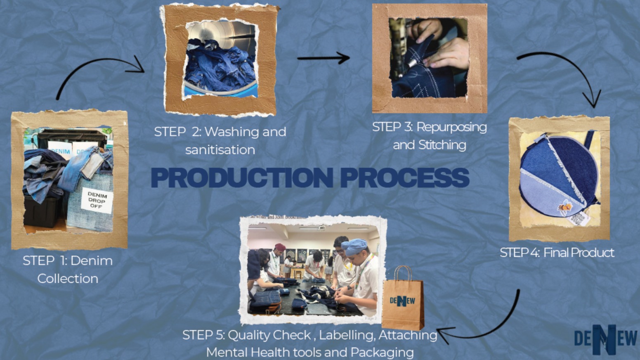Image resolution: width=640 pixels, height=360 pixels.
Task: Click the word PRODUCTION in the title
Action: (242, 178)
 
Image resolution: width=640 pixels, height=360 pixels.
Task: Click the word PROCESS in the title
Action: (404, 178)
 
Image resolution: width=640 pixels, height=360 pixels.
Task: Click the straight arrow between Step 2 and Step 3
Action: (323, 58)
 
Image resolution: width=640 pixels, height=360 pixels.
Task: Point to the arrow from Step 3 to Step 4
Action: (565, 70)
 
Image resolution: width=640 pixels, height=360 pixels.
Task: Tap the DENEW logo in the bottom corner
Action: (605, 339)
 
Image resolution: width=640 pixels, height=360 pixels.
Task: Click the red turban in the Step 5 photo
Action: (280, 247)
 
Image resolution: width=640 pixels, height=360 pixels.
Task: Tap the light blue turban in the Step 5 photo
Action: (354, 246)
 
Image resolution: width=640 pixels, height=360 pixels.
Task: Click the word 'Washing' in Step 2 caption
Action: (230, 132)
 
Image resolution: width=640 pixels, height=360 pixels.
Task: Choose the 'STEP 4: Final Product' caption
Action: (557, 252)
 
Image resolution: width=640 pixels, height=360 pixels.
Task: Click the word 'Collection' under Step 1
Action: (68, 279)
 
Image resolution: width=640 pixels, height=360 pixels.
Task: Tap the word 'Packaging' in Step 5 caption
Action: (382, 353)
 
